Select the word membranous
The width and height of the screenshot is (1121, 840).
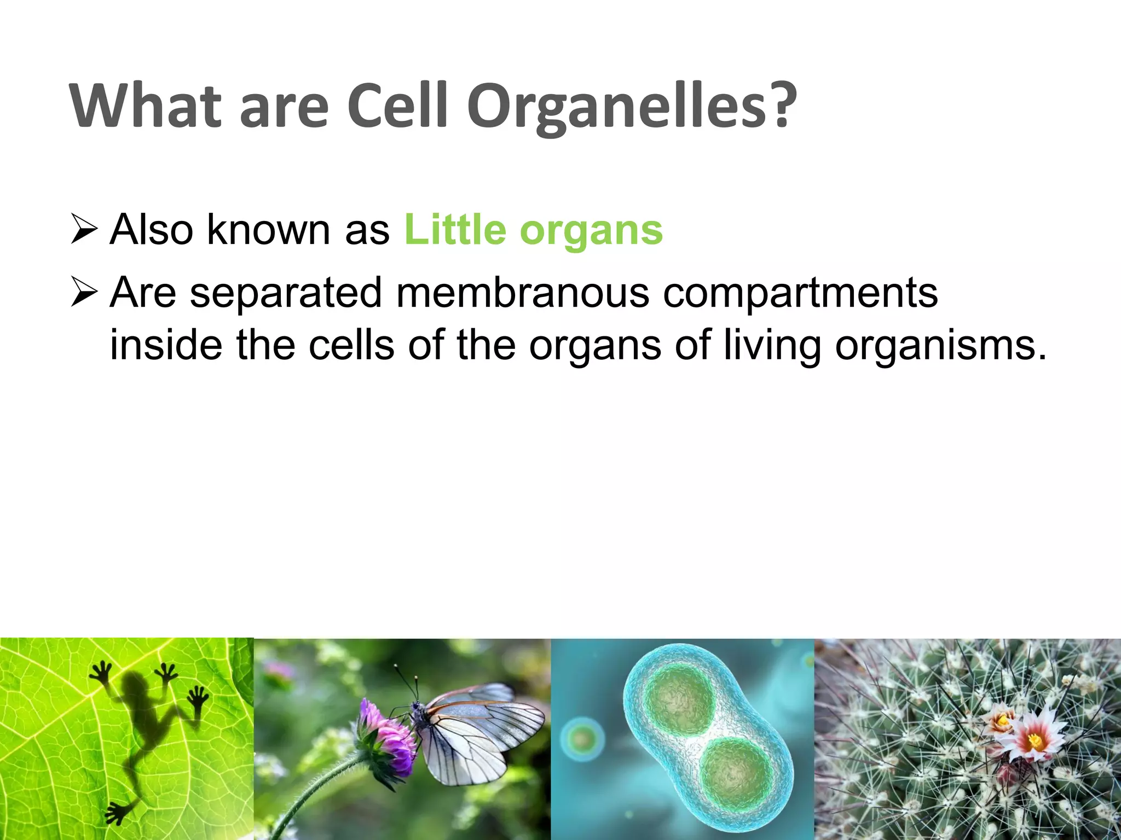[x=522, y=293]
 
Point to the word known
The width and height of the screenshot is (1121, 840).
[x=268, y=230]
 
